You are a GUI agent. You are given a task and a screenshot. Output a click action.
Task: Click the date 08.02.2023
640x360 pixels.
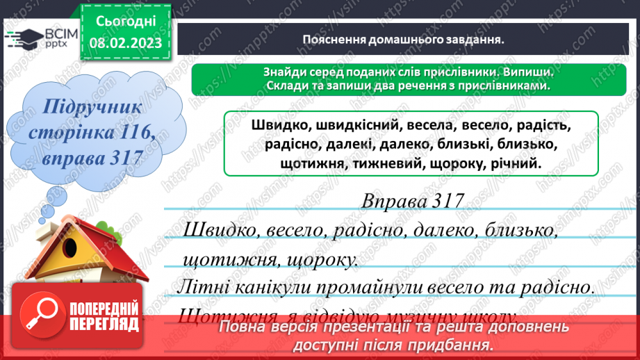(x=125, y=43)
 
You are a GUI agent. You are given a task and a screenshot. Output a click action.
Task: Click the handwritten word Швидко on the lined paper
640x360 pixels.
(x=218, y=231)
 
